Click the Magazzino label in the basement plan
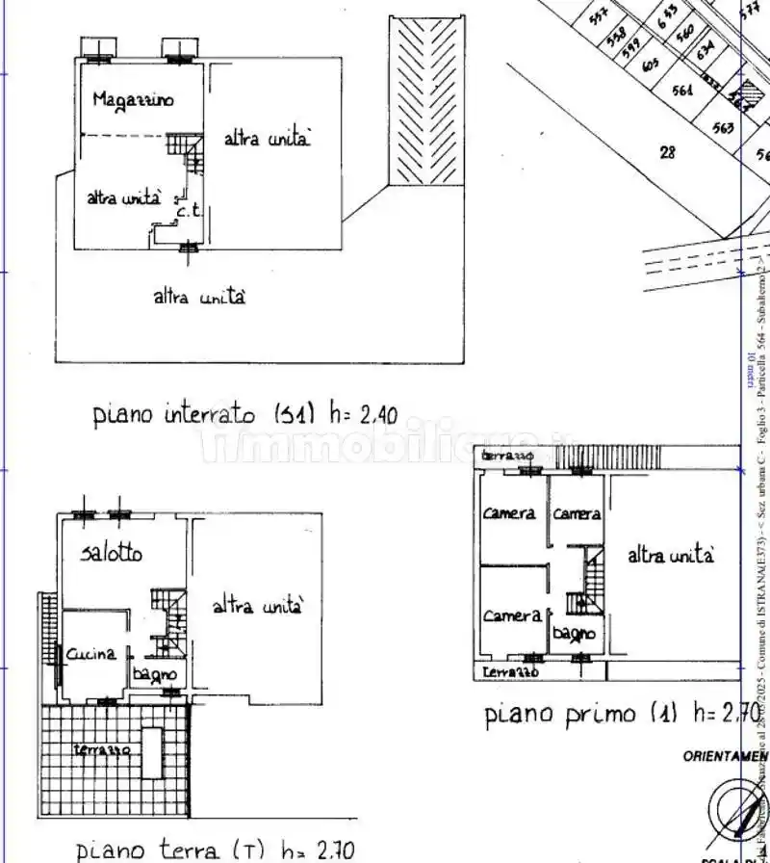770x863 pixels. coord(133,99)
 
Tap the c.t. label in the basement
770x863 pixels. coord(187,209)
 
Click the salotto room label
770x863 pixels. coord(112,553)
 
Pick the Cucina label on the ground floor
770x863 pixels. coord(91,653)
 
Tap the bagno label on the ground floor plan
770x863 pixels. coord(153,673)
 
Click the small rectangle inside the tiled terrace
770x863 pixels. coord(151,752)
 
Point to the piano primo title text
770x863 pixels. coord(558,714)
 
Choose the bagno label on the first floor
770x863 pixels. coord(573,635)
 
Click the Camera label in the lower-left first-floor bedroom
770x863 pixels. coord(511,615)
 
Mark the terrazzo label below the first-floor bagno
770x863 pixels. coord(510,671)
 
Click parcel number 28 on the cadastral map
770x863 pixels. coord(667,151)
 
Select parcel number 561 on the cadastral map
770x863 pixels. coord(682,92)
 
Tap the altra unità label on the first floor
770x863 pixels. coord(671,556)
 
